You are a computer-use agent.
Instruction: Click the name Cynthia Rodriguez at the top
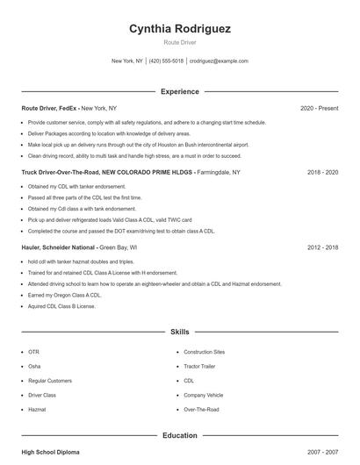point(180,29)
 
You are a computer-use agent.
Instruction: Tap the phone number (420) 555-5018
point(166,61)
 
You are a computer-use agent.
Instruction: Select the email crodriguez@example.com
point(219,61)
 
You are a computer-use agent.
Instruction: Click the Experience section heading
point(180,91)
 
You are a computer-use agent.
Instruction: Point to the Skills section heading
point(180,333)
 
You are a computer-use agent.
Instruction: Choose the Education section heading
point(180,435)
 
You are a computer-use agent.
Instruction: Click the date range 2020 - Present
point(319,108)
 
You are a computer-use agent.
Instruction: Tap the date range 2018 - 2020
point(322,173)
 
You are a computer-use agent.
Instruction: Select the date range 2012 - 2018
point(322,248)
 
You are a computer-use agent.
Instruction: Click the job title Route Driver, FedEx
point(49,108)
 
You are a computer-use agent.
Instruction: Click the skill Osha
point(34,367)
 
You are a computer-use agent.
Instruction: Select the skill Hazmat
point(37,410)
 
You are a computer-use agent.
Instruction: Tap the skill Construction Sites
point(205,352)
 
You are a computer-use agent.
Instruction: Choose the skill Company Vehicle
point(203,396)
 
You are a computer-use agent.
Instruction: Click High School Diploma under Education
point(50,452)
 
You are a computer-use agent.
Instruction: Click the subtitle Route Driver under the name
point(180,43)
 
